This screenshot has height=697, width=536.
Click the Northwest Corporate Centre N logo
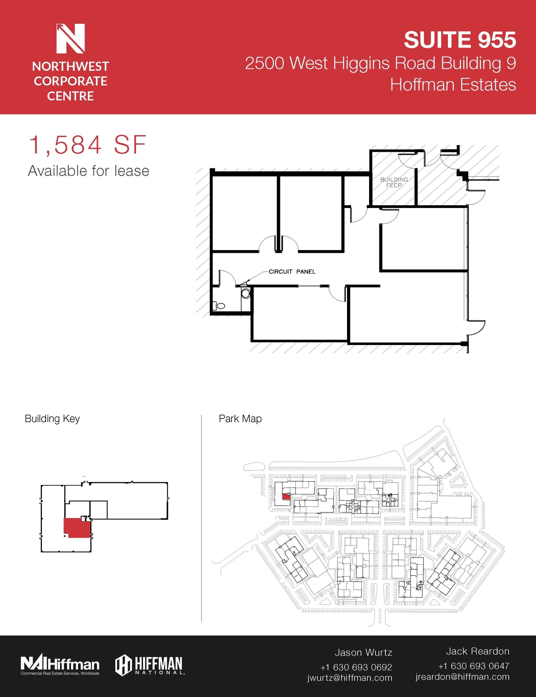pos(70,38)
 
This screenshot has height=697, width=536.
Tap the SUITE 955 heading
pos(460,39)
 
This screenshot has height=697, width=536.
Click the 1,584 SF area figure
pos(88,145)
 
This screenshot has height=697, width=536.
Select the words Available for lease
pos(88,171)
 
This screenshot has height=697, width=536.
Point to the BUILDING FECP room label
pos(394,182)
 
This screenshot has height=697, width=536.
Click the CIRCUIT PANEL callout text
pos(292,272)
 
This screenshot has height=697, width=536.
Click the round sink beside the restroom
pos(245,293)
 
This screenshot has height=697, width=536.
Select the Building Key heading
pos(52,419)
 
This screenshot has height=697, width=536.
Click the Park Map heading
pos(240,419)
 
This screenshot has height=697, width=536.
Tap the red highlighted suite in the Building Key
pos(77,528)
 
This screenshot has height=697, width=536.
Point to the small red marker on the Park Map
pos(286,497)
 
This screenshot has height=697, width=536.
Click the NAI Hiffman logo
pos(60,665)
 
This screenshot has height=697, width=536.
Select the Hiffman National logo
pos(150,665)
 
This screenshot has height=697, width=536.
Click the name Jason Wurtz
pos(363,652)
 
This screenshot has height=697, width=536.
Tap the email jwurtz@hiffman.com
pos(349,678)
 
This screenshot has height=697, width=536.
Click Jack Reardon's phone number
pos(473,666)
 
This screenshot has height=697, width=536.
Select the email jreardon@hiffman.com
pos(462,677)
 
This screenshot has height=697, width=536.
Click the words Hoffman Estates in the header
pos(453,84)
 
